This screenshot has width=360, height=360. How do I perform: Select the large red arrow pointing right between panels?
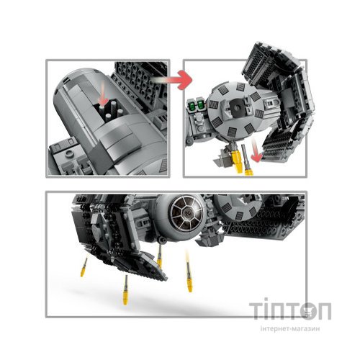tap(174, 74)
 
